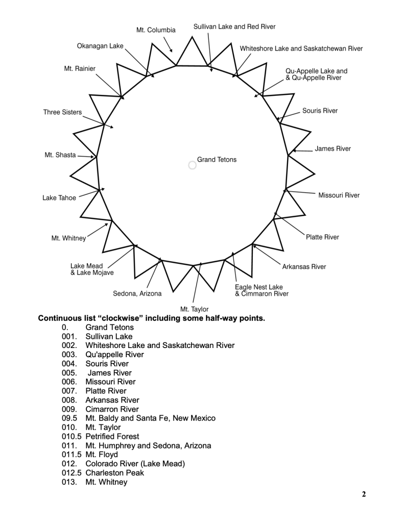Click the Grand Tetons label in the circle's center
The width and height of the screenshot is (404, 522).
coord(217,160)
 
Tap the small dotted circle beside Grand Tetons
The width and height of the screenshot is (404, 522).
coord(192,165)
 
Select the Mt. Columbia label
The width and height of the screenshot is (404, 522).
coord(156,30)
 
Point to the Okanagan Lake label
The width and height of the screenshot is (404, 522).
coord(100,46)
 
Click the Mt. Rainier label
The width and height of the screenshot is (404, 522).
coord(80,68)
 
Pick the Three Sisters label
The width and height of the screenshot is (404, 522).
coord(62,112)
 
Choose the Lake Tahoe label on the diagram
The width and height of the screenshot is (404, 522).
coord(59,198)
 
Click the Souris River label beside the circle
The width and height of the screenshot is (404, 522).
coord(320,111)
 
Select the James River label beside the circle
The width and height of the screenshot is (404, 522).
coord(332,149)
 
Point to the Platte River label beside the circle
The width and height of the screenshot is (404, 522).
coord(322,237)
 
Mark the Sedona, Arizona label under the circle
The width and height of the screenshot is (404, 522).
coord(137,293)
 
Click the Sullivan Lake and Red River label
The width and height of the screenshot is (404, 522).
coord(234,27)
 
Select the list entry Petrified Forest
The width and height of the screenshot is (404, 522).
coord(112,436)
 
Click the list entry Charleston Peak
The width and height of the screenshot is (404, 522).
coord(114,473)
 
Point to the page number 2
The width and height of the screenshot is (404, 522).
coord(364,493)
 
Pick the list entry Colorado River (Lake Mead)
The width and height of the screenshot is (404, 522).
coord(135,463)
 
